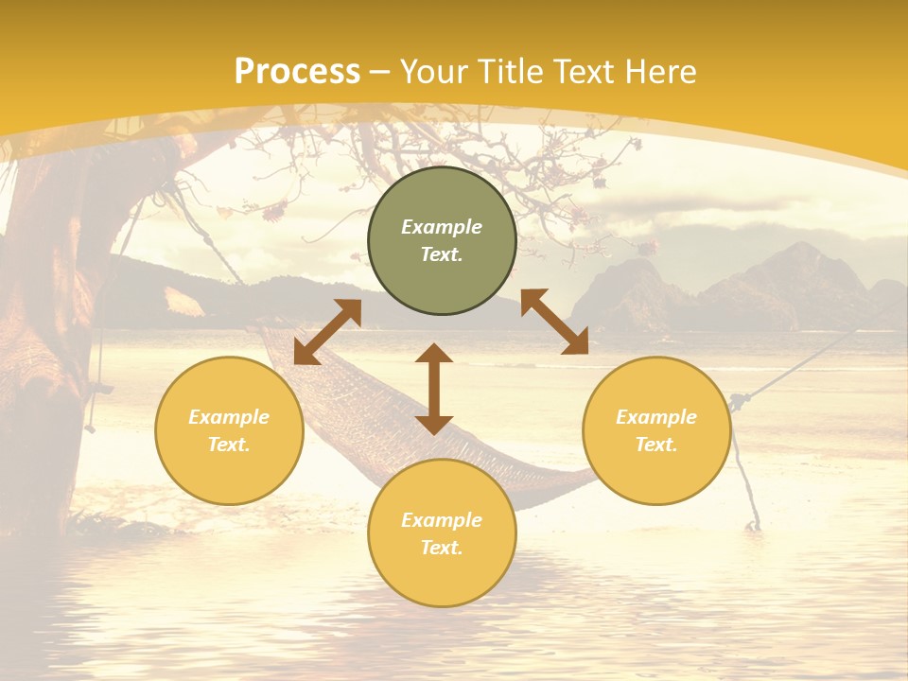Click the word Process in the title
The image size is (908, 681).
[297, 72]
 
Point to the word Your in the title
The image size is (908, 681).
[434, 72]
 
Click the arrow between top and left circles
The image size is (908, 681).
[327, 332]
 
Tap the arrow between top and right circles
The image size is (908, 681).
[554, 322]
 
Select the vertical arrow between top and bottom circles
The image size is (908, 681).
[434, 389]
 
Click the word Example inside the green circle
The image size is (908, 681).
[442, 227]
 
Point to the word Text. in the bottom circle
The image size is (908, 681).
[442, 548]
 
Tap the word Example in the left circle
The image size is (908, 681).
[229, 417]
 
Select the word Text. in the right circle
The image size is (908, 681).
[656, 445]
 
